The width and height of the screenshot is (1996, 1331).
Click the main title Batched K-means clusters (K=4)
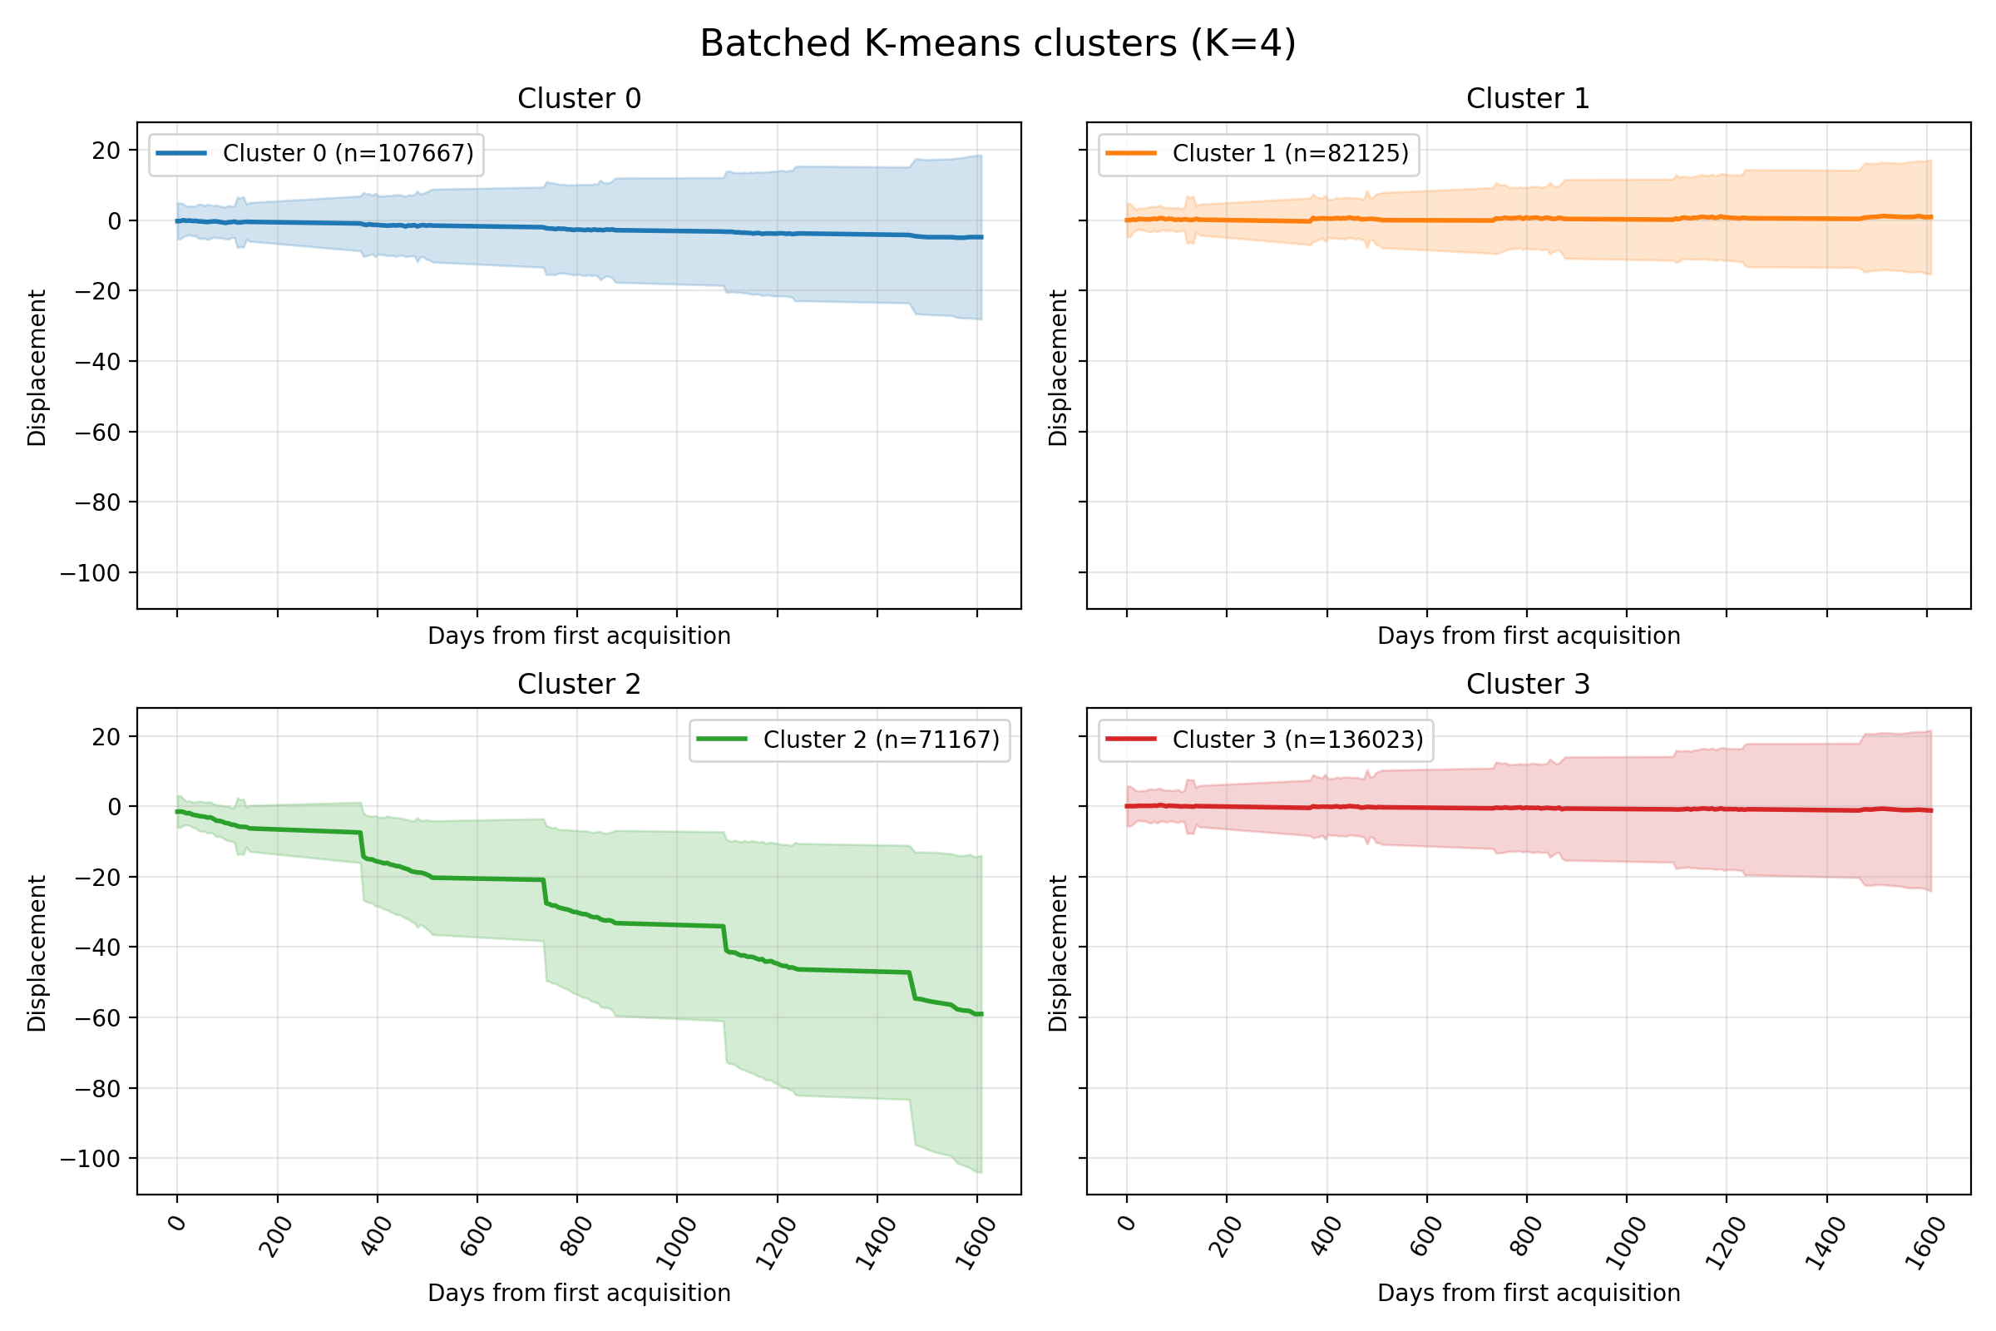click(x=997, y=43)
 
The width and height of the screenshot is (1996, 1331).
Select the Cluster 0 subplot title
click(x=579, y=98)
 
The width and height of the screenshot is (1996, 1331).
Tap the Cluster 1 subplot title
click(x=1528, y=98)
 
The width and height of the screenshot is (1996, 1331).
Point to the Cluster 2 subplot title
click(x=579, y=684)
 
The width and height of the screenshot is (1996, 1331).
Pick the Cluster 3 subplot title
click(x=1528, y=684)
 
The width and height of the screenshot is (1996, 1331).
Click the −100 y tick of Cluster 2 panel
click(x=90, y=1159)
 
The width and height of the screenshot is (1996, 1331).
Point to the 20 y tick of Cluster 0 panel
click(x=106, y=151)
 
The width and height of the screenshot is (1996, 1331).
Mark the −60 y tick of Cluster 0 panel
click(x=97, y=432)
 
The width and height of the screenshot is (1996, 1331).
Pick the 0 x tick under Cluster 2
click(x=176, y=1224)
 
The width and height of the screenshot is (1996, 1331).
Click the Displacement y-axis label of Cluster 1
click(x=1057, y=367)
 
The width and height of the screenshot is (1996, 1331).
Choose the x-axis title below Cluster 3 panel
click(x=1529, y=1293)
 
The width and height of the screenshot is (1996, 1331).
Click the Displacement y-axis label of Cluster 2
click(x=37, y=953)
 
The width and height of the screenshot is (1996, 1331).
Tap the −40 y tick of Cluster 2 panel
click(x=97, y=948)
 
